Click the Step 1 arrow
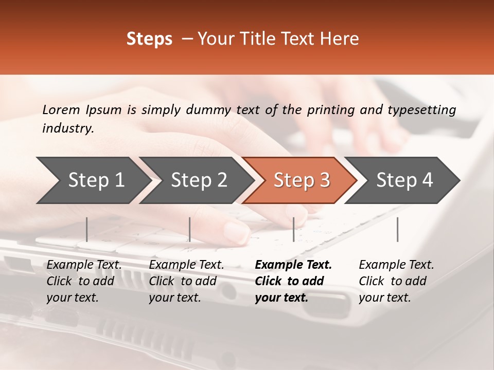coord(93,180)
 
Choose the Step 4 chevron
coord(404,180)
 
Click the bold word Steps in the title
coord(149,39)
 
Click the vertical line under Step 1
coord(87,229)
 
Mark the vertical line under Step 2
coord(190,229)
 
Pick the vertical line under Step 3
coord(293,229)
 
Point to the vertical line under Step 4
coord(397,229)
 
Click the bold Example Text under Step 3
coord(293,265)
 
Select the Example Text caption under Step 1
coord(84,265)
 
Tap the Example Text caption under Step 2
coord(186,265)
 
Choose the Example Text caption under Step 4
coord(396,265)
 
